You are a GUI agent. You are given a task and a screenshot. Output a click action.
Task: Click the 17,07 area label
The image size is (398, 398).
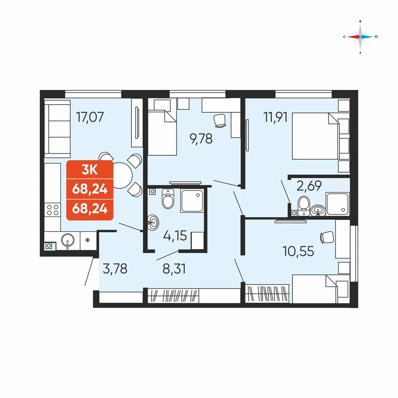(x=90, y=117)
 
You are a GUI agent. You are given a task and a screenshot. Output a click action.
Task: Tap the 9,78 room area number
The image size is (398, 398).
(x=201, y=139)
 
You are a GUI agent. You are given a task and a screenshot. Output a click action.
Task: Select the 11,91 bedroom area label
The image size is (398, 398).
(x=276, y=117)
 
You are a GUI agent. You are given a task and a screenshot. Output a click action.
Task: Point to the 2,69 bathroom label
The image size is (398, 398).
(x=309, y=186)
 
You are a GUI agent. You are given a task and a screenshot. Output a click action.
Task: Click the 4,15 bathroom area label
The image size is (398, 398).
(x=175, y=236)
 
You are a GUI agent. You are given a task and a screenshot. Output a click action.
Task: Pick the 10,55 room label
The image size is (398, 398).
(x=298, y=251)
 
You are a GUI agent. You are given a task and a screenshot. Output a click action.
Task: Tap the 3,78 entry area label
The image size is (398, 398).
(x=115, y=269)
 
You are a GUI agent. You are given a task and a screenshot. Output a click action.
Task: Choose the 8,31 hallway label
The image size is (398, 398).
(x=174, y=269)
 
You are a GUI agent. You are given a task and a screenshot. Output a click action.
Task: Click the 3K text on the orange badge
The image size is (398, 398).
(x=90, y=170)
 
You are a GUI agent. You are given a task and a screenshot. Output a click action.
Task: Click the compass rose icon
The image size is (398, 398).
(x=360, y=37)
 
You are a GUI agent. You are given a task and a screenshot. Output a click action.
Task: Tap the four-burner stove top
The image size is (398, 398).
(x=53, y=210)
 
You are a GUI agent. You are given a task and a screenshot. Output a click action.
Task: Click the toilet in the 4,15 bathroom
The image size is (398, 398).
(x=168, y=199)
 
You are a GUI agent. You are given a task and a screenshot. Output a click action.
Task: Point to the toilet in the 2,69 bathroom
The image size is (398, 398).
(x=304, y=206)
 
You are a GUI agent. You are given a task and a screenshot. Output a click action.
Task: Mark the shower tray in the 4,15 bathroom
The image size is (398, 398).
(x=192, y=201)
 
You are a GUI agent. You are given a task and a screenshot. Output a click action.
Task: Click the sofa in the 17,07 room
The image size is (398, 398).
(x=57, y=129)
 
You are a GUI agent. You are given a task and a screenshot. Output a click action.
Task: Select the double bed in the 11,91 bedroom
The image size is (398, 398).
(x=316, y=136)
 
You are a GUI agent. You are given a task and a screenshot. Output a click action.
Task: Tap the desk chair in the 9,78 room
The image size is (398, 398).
(x=220, y=120)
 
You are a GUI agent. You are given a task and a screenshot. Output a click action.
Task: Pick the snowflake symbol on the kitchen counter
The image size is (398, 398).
(x=88, y=240)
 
